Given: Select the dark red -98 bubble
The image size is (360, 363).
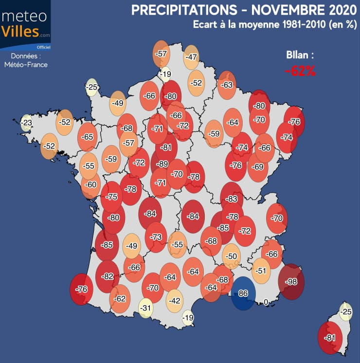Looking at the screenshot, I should tap(291, 282).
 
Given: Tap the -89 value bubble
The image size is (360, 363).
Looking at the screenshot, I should tap(163, 164).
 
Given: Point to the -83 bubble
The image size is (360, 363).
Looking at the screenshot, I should tap(232, 199).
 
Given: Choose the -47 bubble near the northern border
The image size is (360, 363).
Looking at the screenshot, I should tap(191, 57).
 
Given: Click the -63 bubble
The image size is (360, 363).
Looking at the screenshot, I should tap(227, 84).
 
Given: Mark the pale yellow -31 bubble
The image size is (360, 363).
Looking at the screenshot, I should tap(145, 308).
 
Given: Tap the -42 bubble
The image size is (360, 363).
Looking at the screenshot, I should tap(175, 301).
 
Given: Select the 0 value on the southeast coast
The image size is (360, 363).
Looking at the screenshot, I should tap(266, 302).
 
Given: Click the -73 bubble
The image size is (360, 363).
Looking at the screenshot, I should tap(156, 237).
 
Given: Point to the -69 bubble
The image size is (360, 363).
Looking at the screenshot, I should tap(258, 167).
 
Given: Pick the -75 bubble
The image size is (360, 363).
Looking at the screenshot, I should tap(112, 197).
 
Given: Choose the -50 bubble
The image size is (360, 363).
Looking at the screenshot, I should tap(232, 256).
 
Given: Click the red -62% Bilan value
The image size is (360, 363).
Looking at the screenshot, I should tap(301, 71).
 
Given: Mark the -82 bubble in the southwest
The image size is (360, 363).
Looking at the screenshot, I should tap(108, 276).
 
